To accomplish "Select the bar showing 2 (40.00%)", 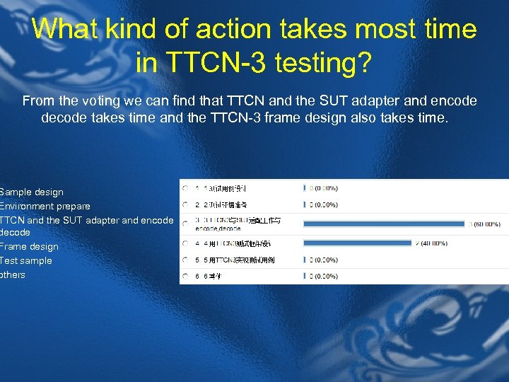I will (x=358, y=243).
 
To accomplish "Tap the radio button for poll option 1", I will (x=185, y=188).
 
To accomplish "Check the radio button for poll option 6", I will (x=185, y=276).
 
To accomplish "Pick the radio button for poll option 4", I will (x=185, y=243).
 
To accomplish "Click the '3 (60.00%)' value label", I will (x=484, y=225).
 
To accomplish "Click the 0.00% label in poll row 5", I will (x=323, y=260).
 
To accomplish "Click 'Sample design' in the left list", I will (x=32, y=192).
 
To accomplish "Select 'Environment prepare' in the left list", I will (x=45, y=206).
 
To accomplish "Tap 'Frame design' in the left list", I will (x=30, y=246).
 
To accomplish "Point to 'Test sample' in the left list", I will (x=26, y=260).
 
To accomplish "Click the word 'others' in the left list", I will (x=13, y=274).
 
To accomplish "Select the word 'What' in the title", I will (x=65, y=29).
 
